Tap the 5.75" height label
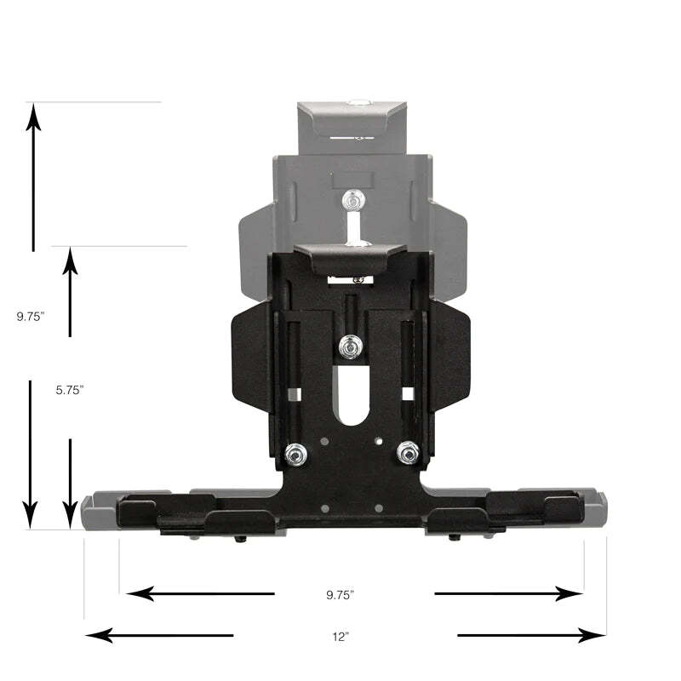click(x=70, y=389)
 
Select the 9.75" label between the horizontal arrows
click(x=340, y=594)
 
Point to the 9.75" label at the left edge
click(x=31, y=316)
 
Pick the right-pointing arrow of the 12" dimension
click(x=531, y=635)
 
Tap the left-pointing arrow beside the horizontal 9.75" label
click(x=199, y=593)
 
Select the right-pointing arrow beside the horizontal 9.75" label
click(x=508, y=593)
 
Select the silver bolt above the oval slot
click(x=348, y=346)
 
